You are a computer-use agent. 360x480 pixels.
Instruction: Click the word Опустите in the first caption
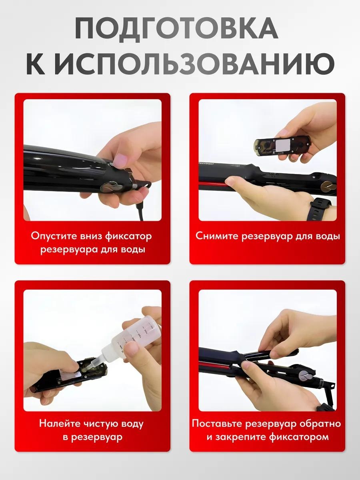coord(54,236)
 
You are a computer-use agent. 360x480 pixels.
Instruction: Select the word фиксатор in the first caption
coord(128,236)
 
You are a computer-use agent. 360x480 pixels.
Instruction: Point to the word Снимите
coord(217,236)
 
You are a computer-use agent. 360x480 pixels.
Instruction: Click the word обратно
coord(320,424)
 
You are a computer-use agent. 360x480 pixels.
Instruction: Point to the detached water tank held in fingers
coord(282,146)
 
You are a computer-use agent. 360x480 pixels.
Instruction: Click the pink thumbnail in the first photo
coord(121,160)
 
